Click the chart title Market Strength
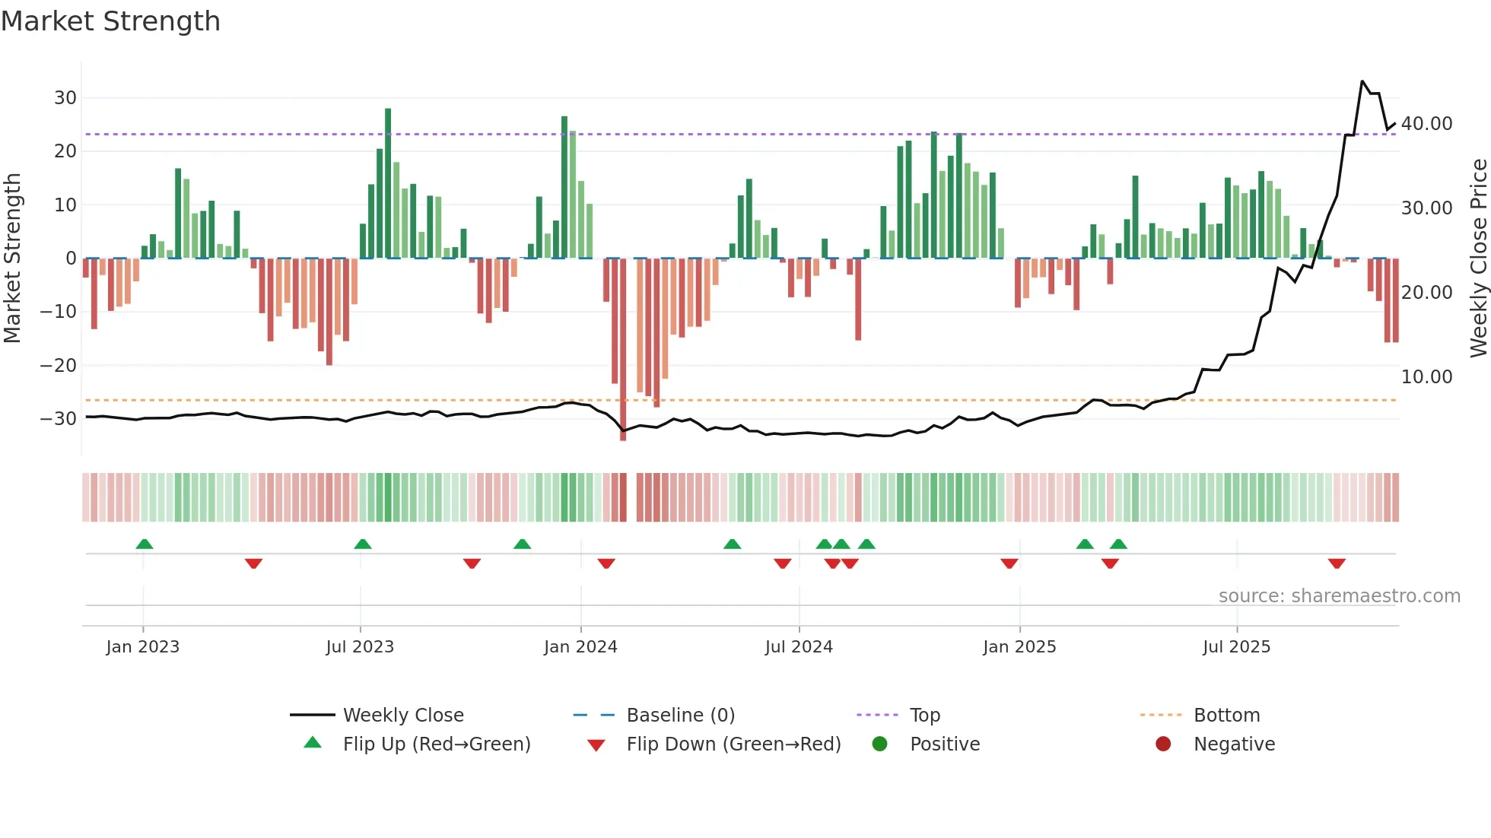(111, 21)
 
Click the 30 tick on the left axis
(65, 98)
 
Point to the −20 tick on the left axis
(59, 366)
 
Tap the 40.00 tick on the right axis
(1426, 124)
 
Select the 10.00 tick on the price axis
(1426, 377)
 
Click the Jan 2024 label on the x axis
(580, 647)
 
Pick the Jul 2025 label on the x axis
(1236, 647)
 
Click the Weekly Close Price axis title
(1478, 259)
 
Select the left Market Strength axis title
(13, 259)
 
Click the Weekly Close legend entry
(402, 716)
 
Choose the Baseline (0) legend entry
(680, 716)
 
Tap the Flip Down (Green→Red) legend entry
(733, 744)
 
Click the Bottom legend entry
(1226, 716)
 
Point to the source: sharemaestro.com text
(1339, 596)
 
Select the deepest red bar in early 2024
(623, 350)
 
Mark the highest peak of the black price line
(1362, 81)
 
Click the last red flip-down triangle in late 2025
(1337, 563)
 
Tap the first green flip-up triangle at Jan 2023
(145, 544)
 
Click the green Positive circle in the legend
(880, 744)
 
